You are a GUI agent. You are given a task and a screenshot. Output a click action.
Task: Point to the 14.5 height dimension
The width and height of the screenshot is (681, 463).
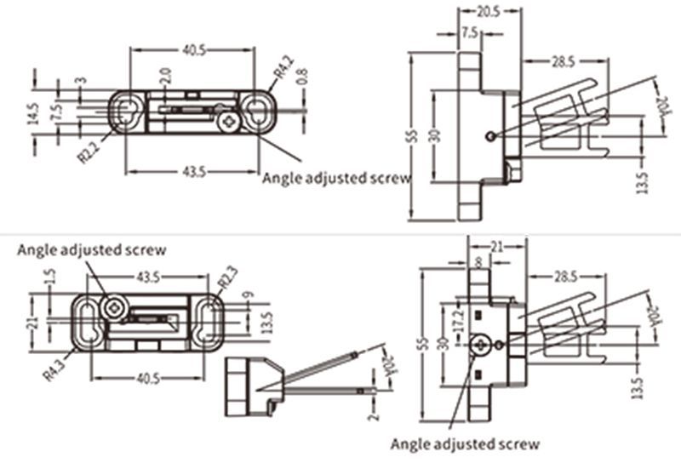click(32, 114)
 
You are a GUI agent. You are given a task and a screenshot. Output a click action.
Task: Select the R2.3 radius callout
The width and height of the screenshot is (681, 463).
click(227, 278)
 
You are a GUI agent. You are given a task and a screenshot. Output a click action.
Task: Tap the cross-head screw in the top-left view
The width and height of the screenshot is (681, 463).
click(227, 124)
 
